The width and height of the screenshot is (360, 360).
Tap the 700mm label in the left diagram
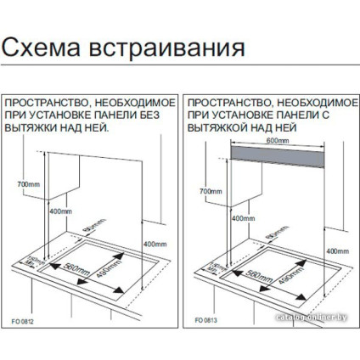pyautogui.click(x=28, y=184)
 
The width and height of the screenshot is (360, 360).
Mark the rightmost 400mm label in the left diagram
pyautogui.click(x=156, y=245)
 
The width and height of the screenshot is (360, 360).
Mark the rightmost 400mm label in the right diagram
pyautogui.click(x=337, y=251)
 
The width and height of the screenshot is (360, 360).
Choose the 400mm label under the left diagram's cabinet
pyautogui.click(x=59, y=211)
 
